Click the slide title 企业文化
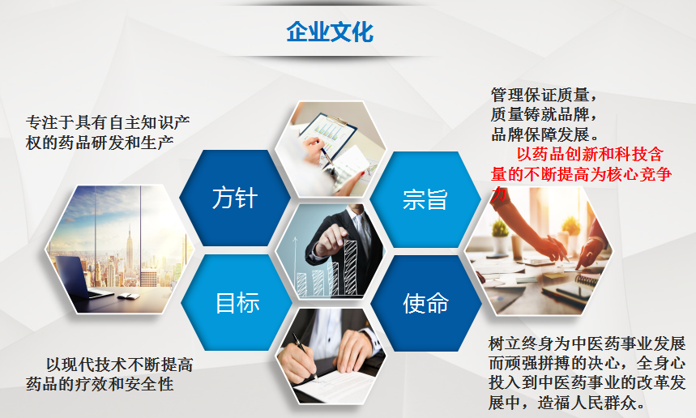point(330,32)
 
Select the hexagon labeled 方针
point(235,198)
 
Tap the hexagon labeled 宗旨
point(425,199)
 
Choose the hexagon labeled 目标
point(237,303)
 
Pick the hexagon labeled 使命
point(426,304)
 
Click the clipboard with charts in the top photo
point(327,132)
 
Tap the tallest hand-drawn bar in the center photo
point(351,267)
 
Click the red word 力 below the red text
point(498,194)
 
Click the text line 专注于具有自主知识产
point(108,122)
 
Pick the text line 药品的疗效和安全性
point(100,384)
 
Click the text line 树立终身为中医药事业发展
point(587,343)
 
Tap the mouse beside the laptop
point(126,296)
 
